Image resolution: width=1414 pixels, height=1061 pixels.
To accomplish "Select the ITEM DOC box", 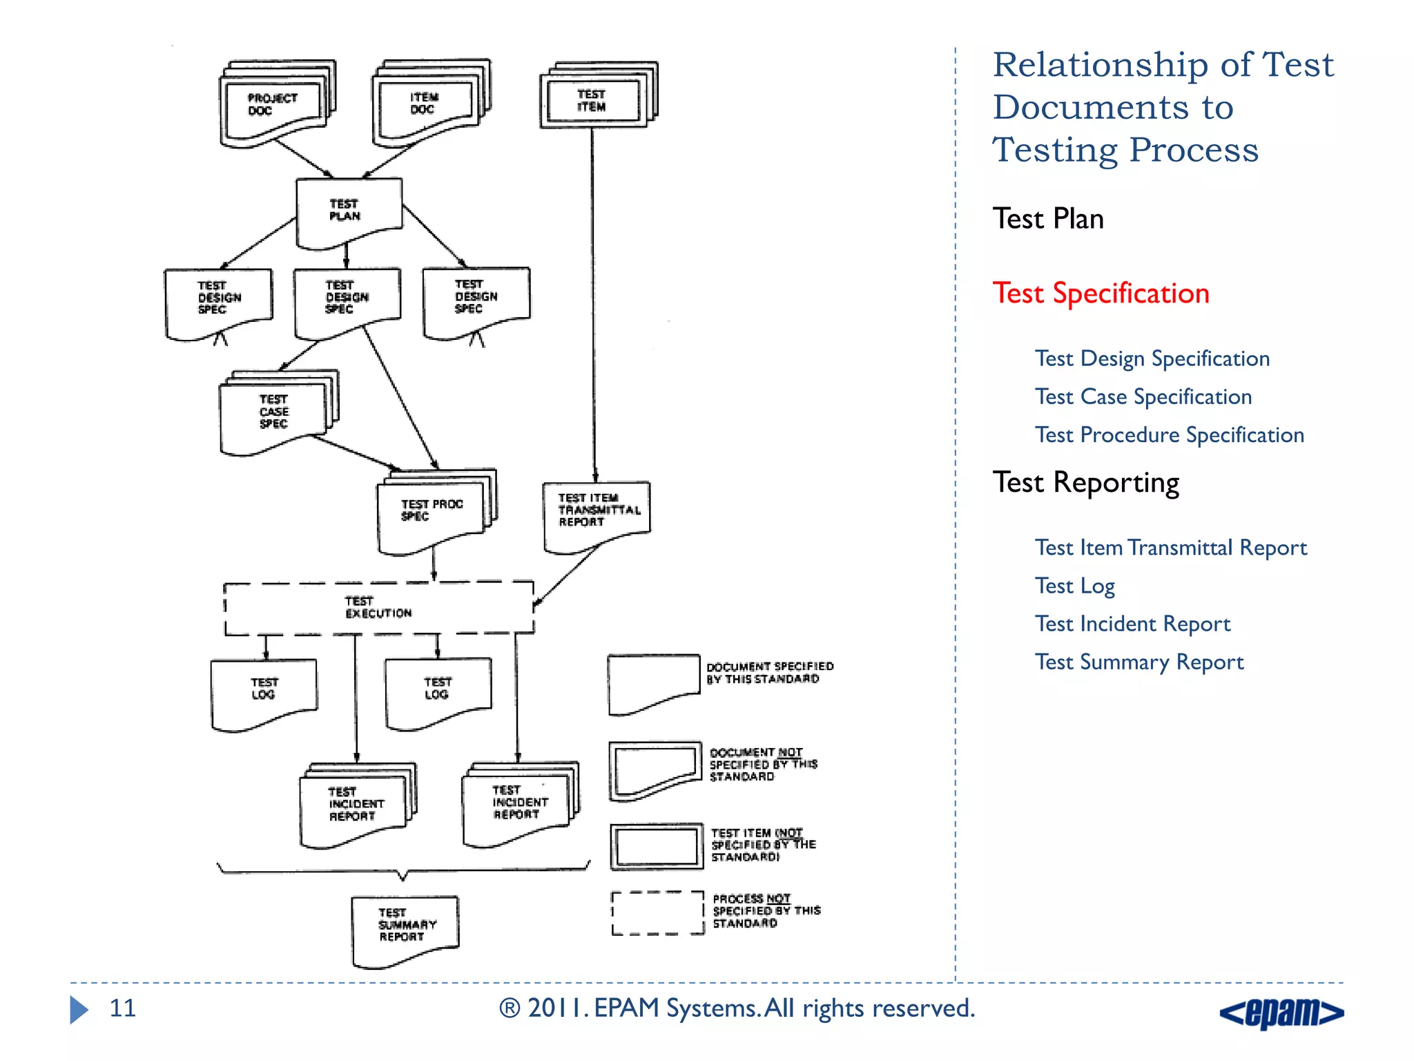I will tap(425, 104).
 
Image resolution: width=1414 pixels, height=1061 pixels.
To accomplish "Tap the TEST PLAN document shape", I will tap(347, 211).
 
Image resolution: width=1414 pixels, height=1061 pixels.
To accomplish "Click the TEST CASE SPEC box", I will tap(273, 412).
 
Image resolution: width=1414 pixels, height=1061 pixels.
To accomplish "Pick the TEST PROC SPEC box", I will tap(432, 511).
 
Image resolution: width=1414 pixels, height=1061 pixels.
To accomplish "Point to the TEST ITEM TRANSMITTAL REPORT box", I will tap(597, 512).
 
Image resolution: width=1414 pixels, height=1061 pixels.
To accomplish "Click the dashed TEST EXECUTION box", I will tap(378, 608).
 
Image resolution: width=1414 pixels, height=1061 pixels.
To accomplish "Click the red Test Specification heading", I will tap(1101, 294).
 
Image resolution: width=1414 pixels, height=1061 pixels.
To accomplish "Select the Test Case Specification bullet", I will tap(1143, 397).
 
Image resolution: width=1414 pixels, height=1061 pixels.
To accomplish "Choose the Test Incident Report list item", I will tap(1132, 624).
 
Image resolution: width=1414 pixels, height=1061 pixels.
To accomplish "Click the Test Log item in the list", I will tap(1074, 586).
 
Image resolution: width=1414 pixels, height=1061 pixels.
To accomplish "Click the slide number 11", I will tap(123, 1009).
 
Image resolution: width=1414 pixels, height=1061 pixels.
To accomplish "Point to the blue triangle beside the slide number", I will tap(79, 1009).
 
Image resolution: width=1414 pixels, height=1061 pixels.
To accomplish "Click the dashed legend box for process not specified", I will tap(657, 913).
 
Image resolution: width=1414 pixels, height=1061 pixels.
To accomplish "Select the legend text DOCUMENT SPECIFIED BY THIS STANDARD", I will tap(769, 673).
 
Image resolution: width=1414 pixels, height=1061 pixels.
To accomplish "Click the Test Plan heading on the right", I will tap(1048, 219).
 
